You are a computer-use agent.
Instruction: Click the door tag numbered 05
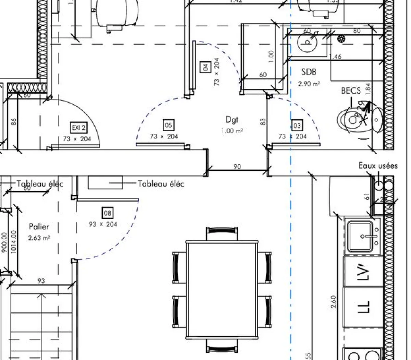coord(169,125)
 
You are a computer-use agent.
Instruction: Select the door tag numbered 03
coord(297,125)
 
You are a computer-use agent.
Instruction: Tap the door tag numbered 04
coord(205,67)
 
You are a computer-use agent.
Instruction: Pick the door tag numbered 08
coord(108,213)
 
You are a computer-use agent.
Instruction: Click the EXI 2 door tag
coord(78,128)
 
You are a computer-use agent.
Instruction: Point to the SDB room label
coord(309,72)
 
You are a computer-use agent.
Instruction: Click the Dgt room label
coord(232,120)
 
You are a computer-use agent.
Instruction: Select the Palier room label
coord(39,227)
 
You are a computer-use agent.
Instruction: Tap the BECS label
coord(351,91)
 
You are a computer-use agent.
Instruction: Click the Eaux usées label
coord(378,166)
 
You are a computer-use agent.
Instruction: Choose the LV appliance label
coord(363,271)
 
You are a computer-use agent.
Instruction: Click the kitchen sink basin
coord(360,237)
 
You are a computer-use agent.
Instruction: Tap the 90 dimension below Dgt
coord(237,167)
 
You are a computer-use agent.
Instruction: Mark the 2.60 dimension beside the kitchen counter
coord(334,302)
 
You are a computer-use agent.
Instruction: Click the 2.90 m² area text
coord(309,84)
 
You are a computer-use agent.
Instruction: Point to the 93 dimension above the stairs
coord(41,281)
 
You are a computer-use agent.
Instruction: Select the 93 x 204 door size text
coord(103,224)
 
